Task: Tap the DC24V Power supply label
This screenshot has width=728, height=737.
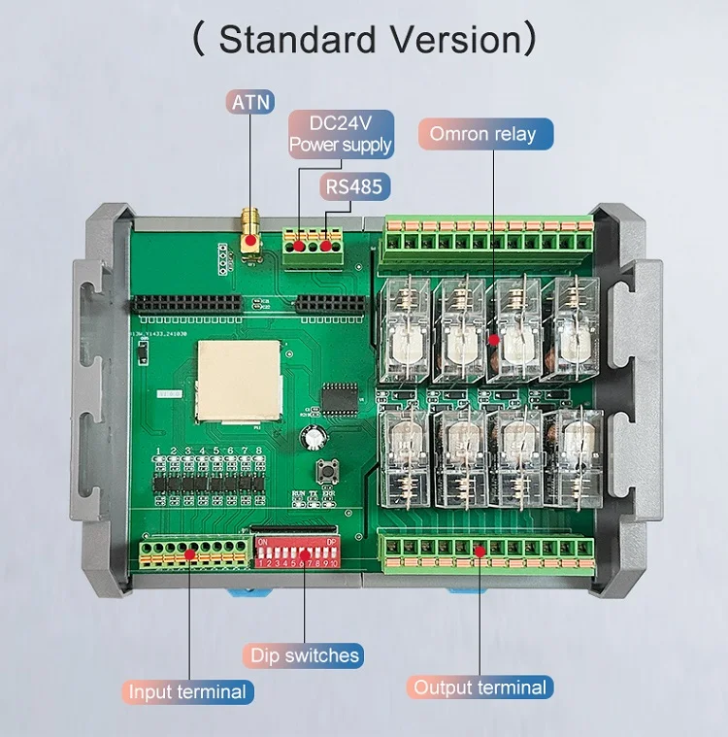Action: [x=340, y=134]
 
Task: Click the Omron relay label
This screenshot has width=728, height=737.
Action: [x=483, y=134]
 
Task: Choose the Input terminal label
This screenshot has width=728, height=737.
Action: [x=188, y=691]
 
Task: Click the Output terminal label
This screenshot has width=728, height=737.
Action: [x=480, y=687]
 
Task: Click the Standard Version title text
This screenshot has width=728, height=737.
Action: [x=363, y=40]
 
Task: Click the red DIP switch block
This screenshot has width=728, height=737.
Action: [x=297, y=551]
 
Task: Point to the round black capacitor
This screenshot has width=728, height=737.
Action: [x=312, y=437]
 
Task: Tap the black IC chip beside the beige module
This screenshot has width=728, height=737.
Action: [x=339, y=396]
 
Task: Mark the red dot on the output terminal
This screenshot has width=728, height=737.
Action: [x=480, y=552]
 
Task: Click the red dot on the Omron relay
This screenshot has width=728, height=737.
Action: [x=493, y=341]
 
